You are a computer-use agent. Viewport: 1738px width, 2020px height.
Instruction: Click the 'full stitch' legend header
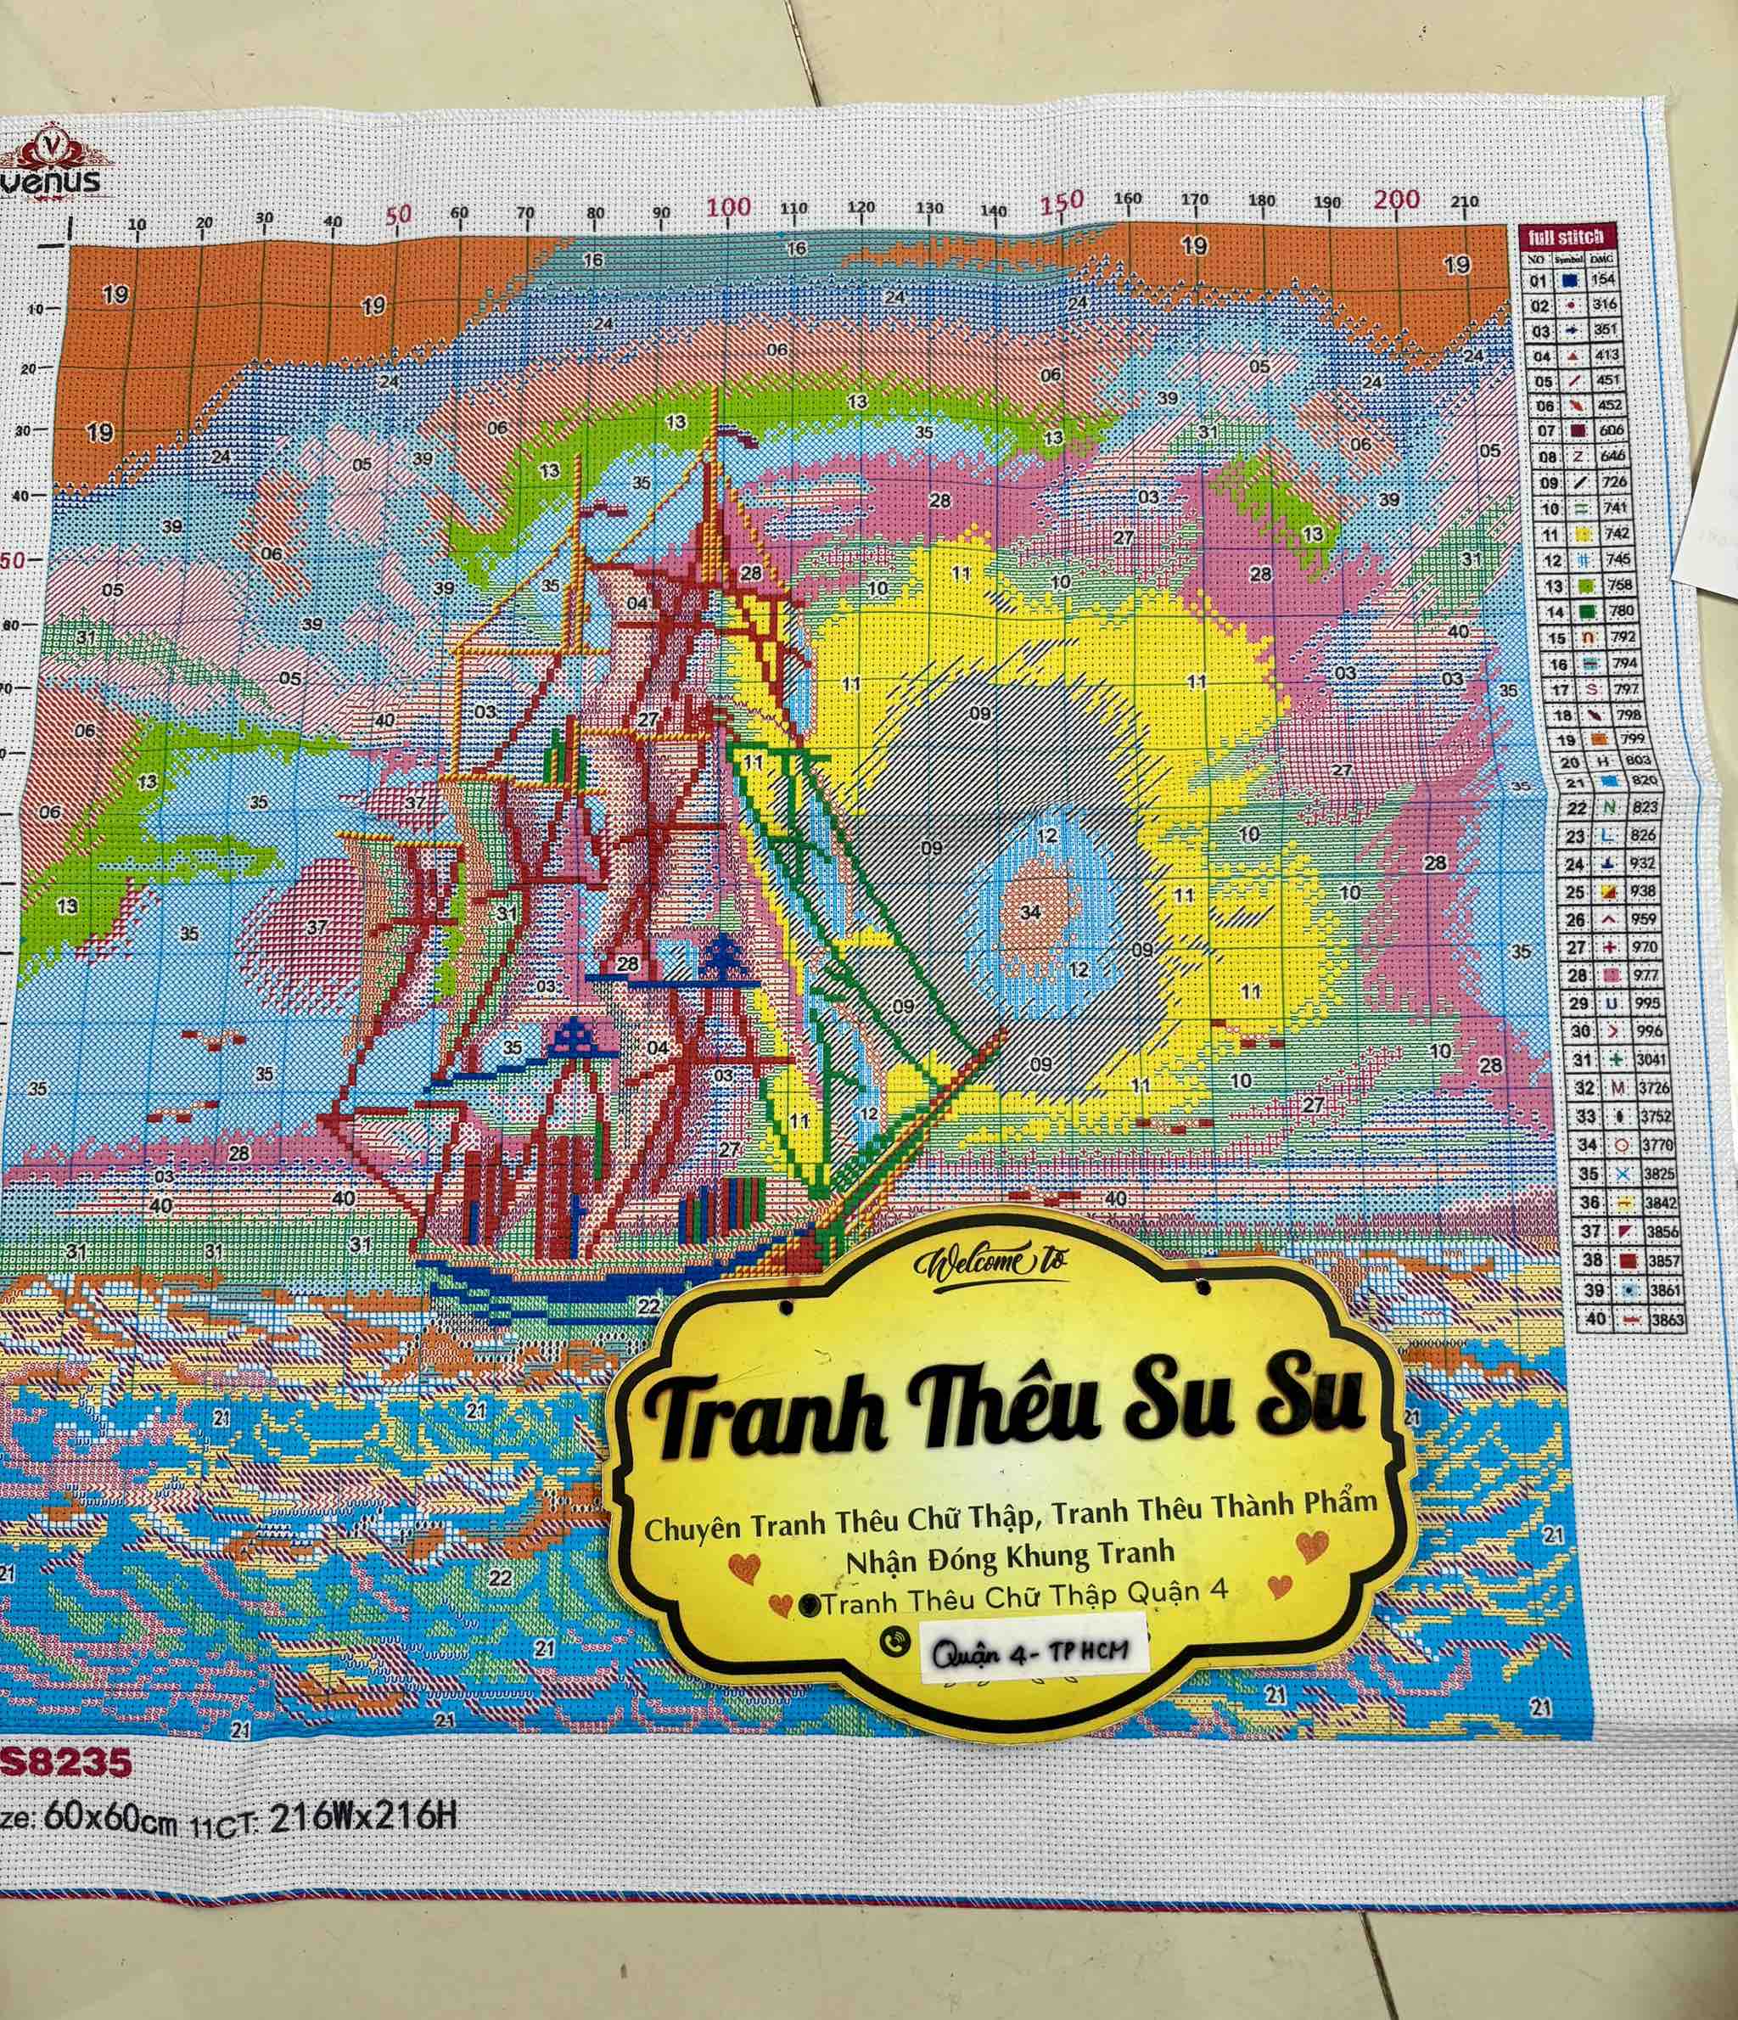point(1566,236)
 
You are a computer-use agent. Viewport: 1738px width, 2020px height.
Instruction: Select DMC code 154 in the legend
point(1603,279)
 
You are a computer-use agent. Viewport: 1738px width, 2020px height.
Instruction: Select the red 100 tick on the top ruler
point(728,208)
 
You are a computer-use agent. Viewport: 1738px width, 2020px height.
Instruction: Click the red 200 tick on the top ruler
point(1396,199)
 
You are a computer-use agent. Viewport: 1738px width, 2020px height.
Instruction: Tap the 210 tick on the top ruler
point(1464,202)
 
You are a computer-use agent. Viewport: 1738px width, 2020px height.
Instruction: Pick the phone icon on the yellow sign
point(894,1641)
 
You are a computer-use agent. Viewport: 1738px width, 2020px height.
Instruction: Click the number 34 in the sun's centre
point(1030,912)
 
